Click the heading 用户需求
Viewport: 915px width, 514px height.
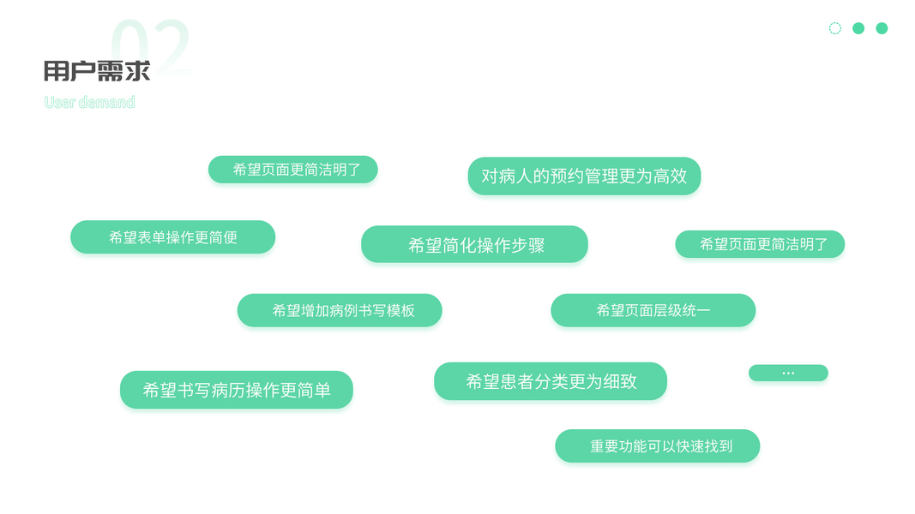[97, 71]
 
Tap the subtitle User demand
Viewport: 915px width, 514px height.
[89, 103]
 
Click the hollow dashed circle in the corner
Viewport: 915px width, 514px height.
[835, 28]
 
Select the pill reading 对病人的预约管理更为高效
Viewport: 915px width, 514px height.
[584, 176]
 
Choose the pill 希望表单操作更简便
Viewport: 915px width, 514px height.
[172, 237]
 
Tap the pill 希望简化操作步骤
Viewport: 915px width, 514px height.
[474, 245]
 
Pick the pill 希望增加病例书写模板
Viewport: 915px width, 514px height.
[340, 310]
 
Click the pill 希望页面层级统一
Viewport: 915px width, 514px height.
[653, 310]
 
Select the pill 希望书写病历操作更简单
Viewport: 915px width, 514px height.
[236, 391]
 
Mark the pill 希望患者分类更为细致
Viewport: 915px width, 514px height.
[551, 382]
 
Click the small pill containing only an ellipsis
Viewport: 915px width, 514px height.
[788, 373]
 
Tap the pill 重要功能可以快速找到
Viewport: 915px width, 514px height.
[657, 446]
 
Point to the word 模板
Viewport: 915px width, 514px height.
[400, 310]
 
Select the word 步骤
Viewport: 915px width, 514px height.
[527, 245]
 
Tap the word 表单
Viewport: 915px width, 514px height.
[152, 237]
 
